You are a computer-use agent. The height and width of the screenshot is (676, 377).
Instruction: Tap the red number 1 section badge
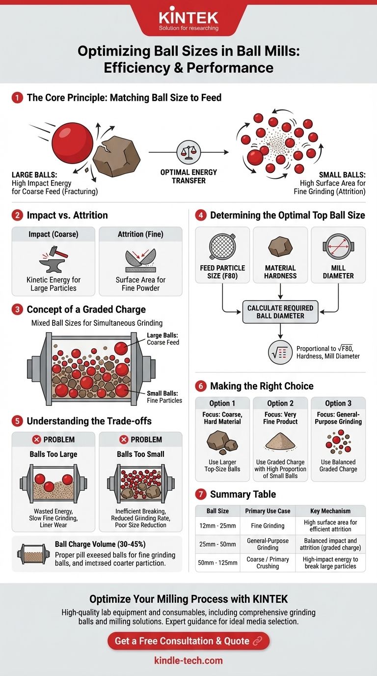pyautogui.click(x=17, y=98)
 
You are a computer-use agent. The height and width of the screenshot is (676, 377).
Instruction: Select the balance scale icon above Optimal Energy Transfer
pyautogui.click(x=188, y=152)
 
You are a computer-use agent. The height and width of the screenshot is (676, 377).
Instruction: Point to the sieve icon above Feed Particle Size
pyautogui.click(x=222, y=247)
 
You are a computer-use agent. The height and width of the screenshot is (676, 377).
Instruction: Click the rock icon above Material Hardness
pyautogui.click(x=280, y=247)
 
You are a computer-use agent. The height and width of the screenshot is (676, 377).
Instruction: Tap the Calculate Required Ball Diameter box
pyautogui.click(x=280, y=312)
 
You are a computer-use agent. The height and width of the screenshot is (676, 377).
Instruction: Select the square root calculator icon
pyautogui.click(x=280, y=352)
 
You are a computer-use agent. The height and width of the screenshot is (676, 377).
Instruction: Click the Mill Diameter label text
pyautogui.click(x=338, y=272)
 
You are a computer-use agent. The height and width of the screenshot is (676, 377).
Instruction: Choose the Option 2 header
pyautogui.click(x=280, y=403)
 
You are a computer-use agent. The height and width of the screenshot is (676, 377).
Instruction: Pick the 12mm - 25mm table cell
pyautogui.click(x=217, y=526)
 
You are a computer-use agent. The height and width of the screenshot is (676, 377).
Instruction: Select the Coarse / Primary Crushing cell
pyautogui.click(x=268, y=563)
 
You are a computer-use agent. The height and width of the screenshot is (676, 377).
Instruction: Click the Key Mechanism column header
pyautogui.click(x=330, y=511)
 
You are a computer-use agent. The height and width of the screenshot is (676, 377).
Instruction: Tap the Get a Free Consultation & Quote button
pyautogui.click(x=188, y=641)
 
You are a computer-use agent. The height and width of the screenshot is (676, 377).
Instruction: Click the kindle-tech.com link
pyautogui.click(x=188, y=660)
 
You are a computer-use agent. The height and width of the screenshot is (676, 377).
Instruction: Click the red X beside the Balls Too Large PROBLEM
pyautogui.click(x=36, y=439)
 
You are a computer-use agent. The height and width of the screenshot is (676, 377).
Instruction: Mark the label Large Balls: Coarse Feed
pyautogui.click(x=163, y=338)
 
